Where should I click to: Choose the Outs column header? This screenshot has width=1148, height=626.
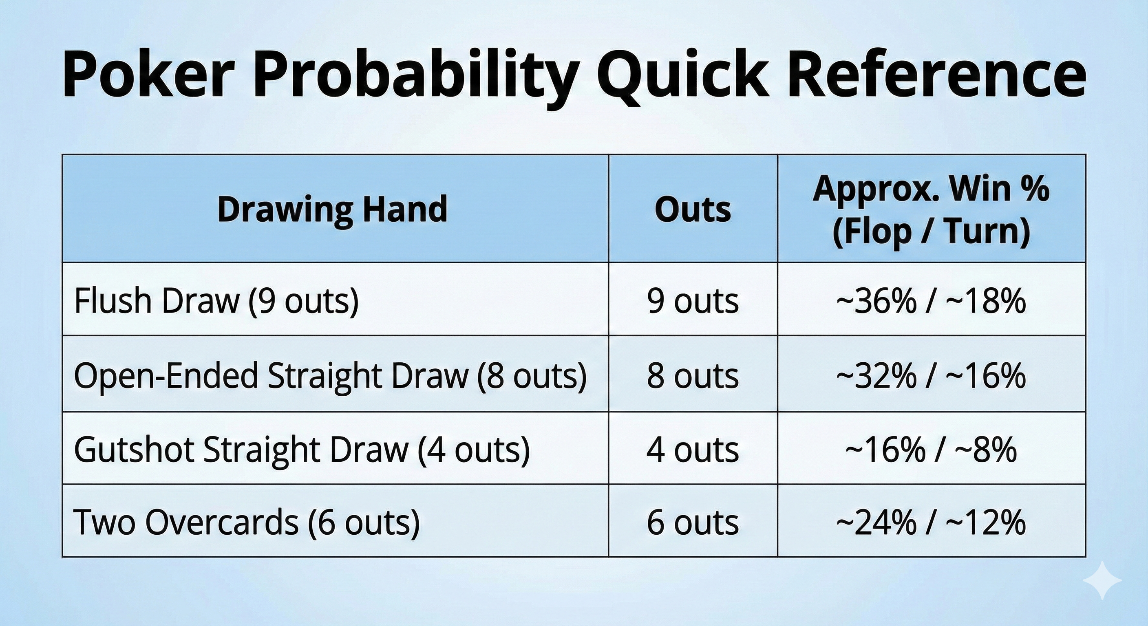pyautogui.click(x=693, y=209)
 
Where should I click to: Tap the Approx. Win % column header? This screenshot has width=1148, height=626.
pyautogui.click(x=932, y=209)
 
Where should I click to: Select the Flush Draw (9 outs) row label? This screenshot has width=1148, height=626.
pyautogui.click(x=216, y=301)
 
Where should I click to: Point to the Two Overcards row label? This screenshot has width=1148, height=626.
pyautogui.click(x=247, y=522)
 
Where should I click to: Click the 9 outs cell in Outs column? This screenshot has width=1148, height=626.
pyautogui.click(x=693, y=301)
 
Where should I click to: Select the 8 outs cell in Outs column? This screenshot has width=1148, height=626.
pyautogui.click(x=693, y=376)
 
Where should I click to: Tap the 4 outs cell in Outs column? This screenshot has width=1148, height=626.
pyautogui.click(x=693, y=450)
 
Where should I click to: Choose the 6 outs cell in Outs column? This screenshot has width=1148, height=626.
pyautogui.click(x=693, y=522)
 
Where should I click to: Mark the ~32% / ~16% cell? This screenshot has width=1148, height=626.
pyautogui.click(x=932, y=376)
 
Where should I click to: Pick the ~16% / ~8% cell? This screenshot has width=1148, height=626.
pyautogui.click(x=932, y=450)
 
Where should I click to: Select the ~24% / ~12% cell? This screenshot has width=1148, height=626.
pyautogui.click(x=932, y=522)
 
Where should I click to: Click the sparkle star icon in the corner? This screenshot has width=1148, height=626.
pyautogui.click(x=1102, y=593)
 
